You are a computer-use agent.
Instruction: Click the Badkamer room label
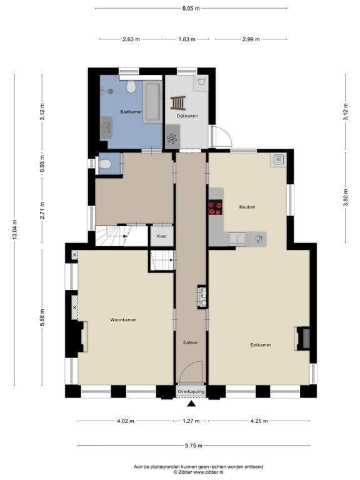coord(131,112)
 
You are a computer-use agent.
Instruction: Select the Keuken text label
coord(247,206)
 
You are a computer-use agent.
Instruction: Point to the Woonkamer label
coord(123,320)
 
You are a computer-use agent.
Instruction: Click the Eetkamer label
coord(260,344)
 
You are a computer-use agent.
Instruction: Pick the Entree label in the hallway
coord(190,342)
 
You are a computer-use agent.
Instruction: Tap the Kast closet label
coord(161,236)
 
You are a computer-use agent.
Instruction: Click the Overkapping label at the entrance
coord(191,391)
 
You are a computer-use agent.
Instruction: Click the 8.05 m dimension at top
coord(191,9)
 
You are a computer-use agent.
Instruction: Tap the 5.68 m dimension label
coord(42,312)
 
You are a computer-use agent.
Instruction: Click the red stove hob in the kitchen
coord(216,207)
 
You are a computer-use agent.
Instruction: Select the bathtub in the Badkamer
coord(152,101)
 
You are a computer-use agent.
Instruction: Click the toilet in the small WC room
coord(105,164)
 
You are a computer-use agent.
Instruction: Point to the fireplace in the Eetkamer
coord(302,338)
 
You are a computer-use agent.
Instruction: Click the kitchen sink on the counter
coord(237,238)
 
